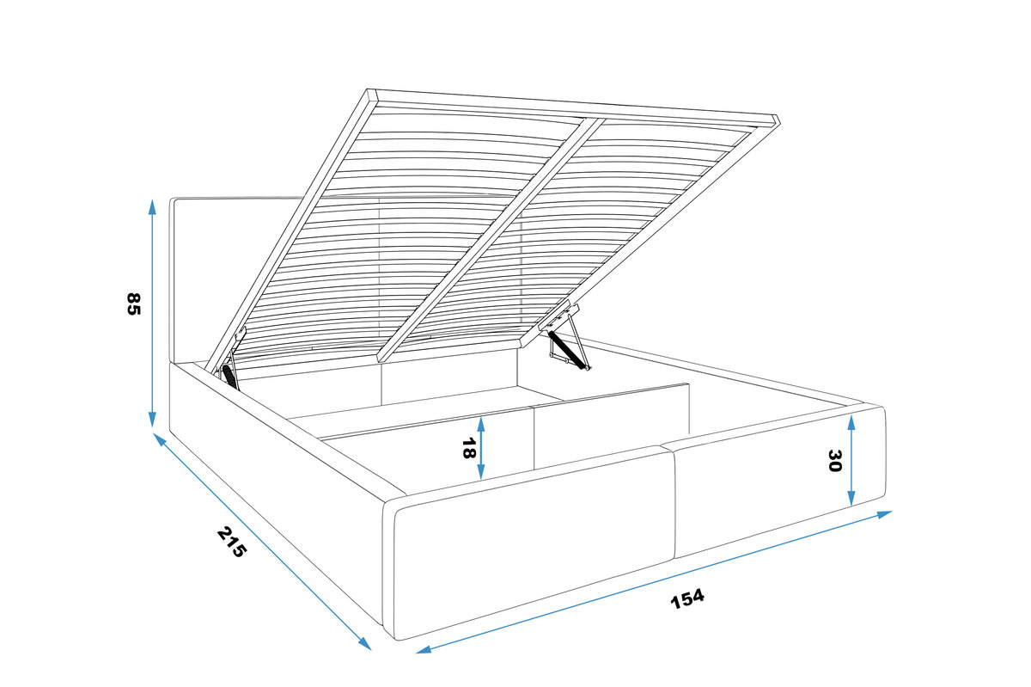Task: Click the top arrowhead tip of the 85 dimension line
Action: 152,200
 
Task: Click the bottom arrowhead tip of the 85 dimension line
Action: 152,427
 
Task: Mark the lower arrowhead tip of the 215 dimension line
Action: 371,650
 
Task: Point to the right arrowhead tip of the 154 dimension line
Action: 892,512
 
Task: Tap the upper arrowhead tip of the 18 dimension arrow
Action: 481,417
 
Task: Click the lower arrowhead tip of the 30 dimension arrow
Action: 851,506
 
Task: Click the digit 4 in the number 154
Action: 698,596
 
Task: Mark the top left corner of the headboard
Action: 170,199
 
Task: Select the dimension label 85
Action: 133,304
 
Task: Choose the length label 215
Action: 232,542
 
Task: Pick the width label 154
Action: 687,599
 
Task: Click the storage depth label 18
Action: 468,448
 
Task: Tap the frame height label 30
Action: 834,461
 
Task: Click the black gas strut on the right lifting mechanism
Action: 570,351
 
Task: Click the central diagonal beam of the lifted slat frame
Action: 491,239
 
